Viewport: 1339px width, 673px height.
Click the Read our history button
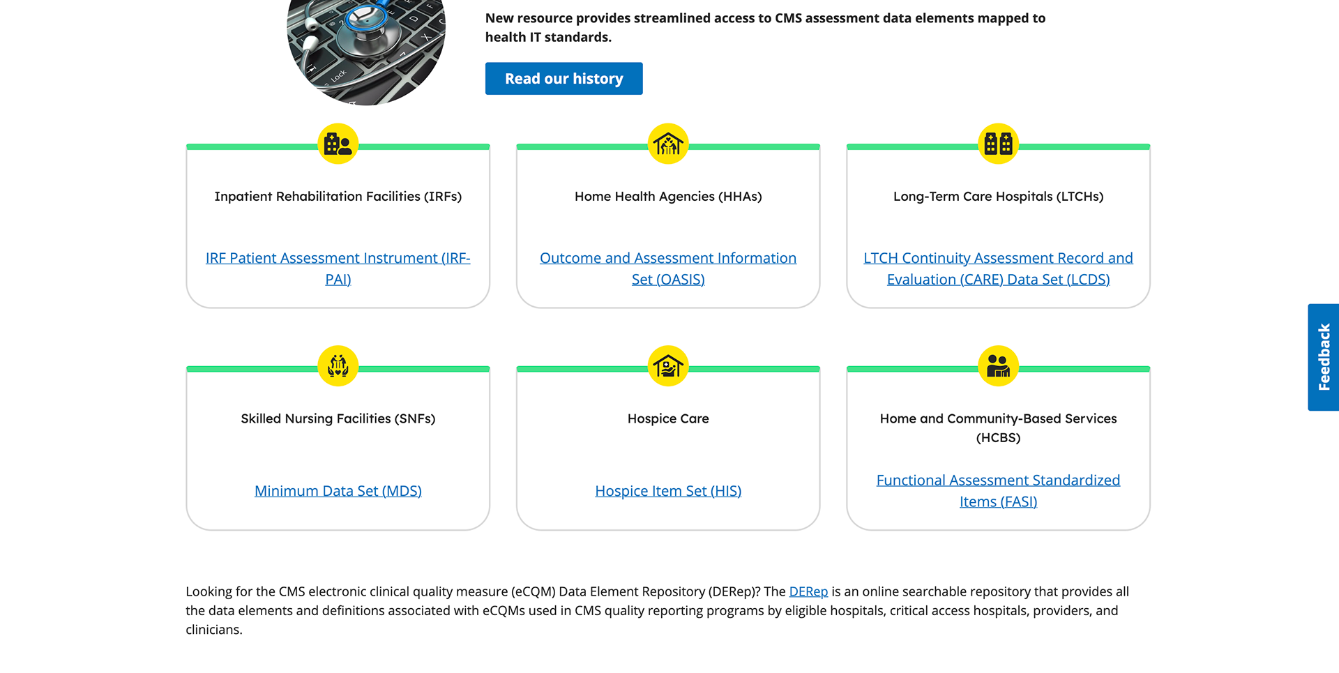(x=563, y=79)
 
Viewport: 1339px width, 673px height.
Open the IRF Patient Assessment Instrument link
(x=338, y=269)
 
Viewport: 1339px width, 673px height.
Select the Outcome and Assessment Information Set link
(x=668, y=269)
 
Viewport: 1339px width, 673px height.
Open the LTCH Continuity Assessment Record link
(x=998, y=269)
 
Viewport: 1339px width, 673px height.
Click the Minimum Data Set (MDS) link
(x=338, y=491)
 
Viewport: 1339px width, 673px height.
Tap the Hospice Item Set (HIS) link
(x=668, y=491)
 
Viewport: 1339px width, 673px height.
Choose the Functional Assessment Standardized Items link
(x=998, y=491)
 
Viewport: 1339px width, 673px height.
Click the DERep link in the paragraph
(x=808, y=591)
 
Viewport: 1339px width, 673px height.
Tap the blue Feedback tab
(x=1323, y=357)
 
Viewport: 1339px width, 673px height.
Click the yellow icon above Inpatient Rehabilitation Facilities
(x=338, y=144)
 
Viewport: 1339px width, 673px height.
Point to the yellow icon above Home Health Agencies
(x=668, y=144)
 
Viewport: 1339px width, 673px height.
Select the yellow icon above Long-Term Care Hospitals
(x=998, y=144)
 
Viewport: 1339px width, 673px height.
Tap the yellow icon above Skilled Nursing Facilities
(x=338, y=365)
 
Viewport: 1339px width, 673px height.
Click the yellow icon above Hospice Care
(x=668, y=365)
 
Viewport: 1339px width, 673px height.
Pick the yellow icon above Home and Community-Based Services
(x=998, y=365)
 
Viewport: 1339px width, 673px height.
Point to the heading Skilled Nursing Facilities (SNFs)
(x=338, y=418)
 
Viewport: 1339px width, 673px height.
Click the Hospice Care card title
(x=668, y=418)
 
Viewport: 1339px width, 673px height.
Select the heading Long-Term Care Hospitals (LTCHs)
(x=998, y=197)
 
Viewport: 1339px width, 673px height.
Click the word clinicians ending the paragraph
(x=213, y=630)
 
